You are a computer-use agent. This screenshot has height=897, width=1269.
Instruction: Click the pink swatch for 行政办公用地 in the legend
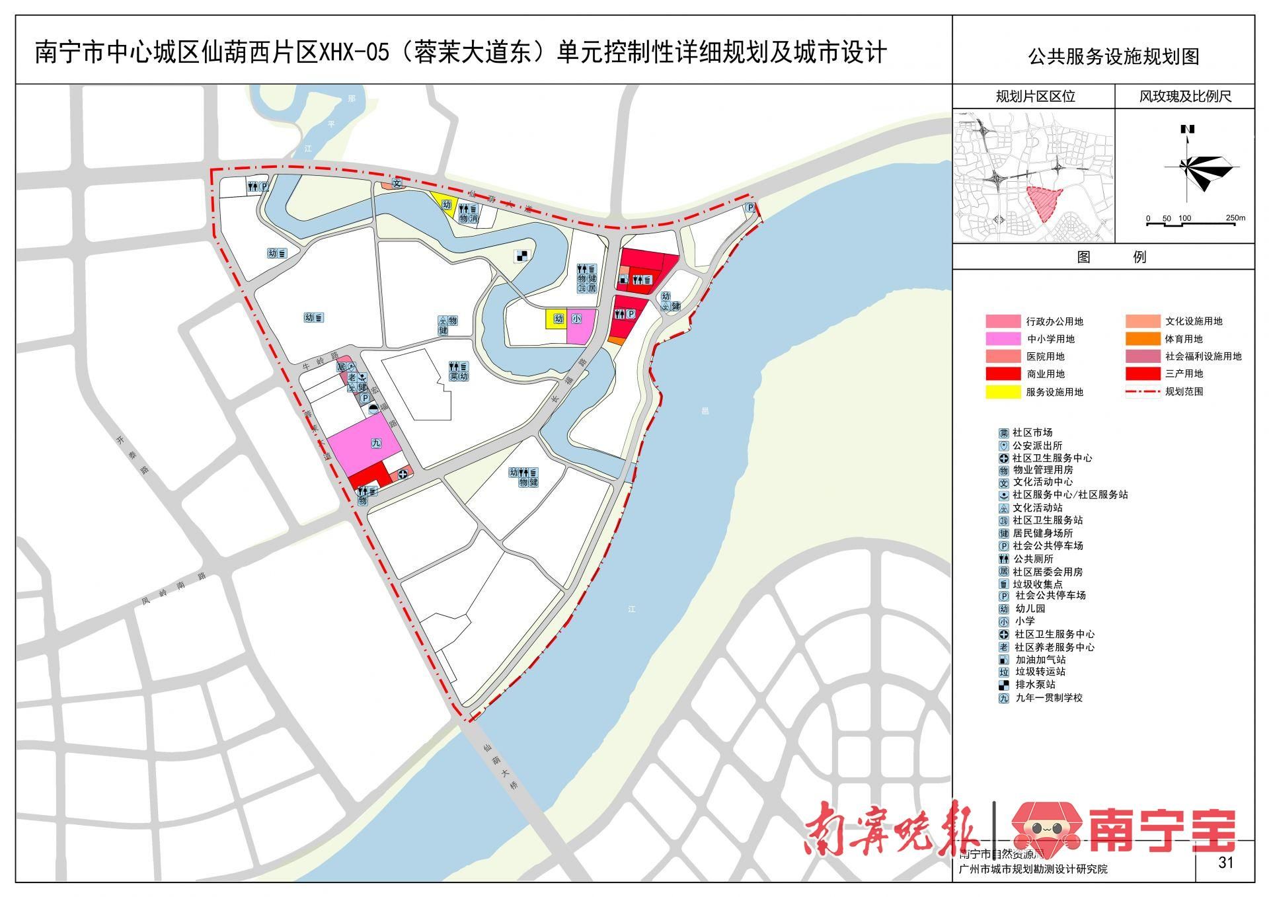point(1003,322)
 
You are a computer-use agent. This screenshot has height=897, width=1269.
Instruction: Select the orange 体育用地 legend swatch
point(1143,339)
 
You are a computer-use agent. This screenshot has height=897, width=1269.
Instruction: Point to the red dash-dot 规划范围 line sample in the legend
point(1143,391)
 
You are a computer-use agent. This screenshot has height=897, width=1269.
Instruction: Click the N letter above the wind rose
point(1188,130)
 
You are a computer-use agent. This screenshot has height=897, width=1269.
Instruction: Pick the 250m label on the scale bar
point(1235,218)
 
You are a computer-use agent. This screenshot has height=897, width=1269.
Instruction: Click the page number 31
point(1225,862)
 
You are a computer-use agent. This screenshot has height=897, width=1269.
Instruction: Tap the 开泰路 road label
point(132,455)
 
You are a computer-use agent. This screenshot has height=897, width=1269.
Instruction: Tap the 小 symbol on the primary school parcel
point(576,319)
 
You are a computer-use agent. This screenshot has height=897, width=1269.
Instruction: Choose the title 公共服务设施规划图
point(1113,57)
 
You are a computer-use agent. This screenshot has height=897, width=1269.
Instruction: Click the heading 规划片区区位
point(1035,97)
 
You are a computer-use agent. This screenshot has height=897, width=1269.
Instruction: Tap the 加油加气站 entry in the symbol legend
point(1040,660)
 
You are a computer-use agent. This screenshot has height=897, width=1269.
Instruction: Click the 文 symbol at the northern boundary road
point(397,183)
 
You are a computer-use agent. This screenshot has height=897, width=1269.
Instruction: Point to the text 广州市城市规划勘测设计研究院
point(1032,869)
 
